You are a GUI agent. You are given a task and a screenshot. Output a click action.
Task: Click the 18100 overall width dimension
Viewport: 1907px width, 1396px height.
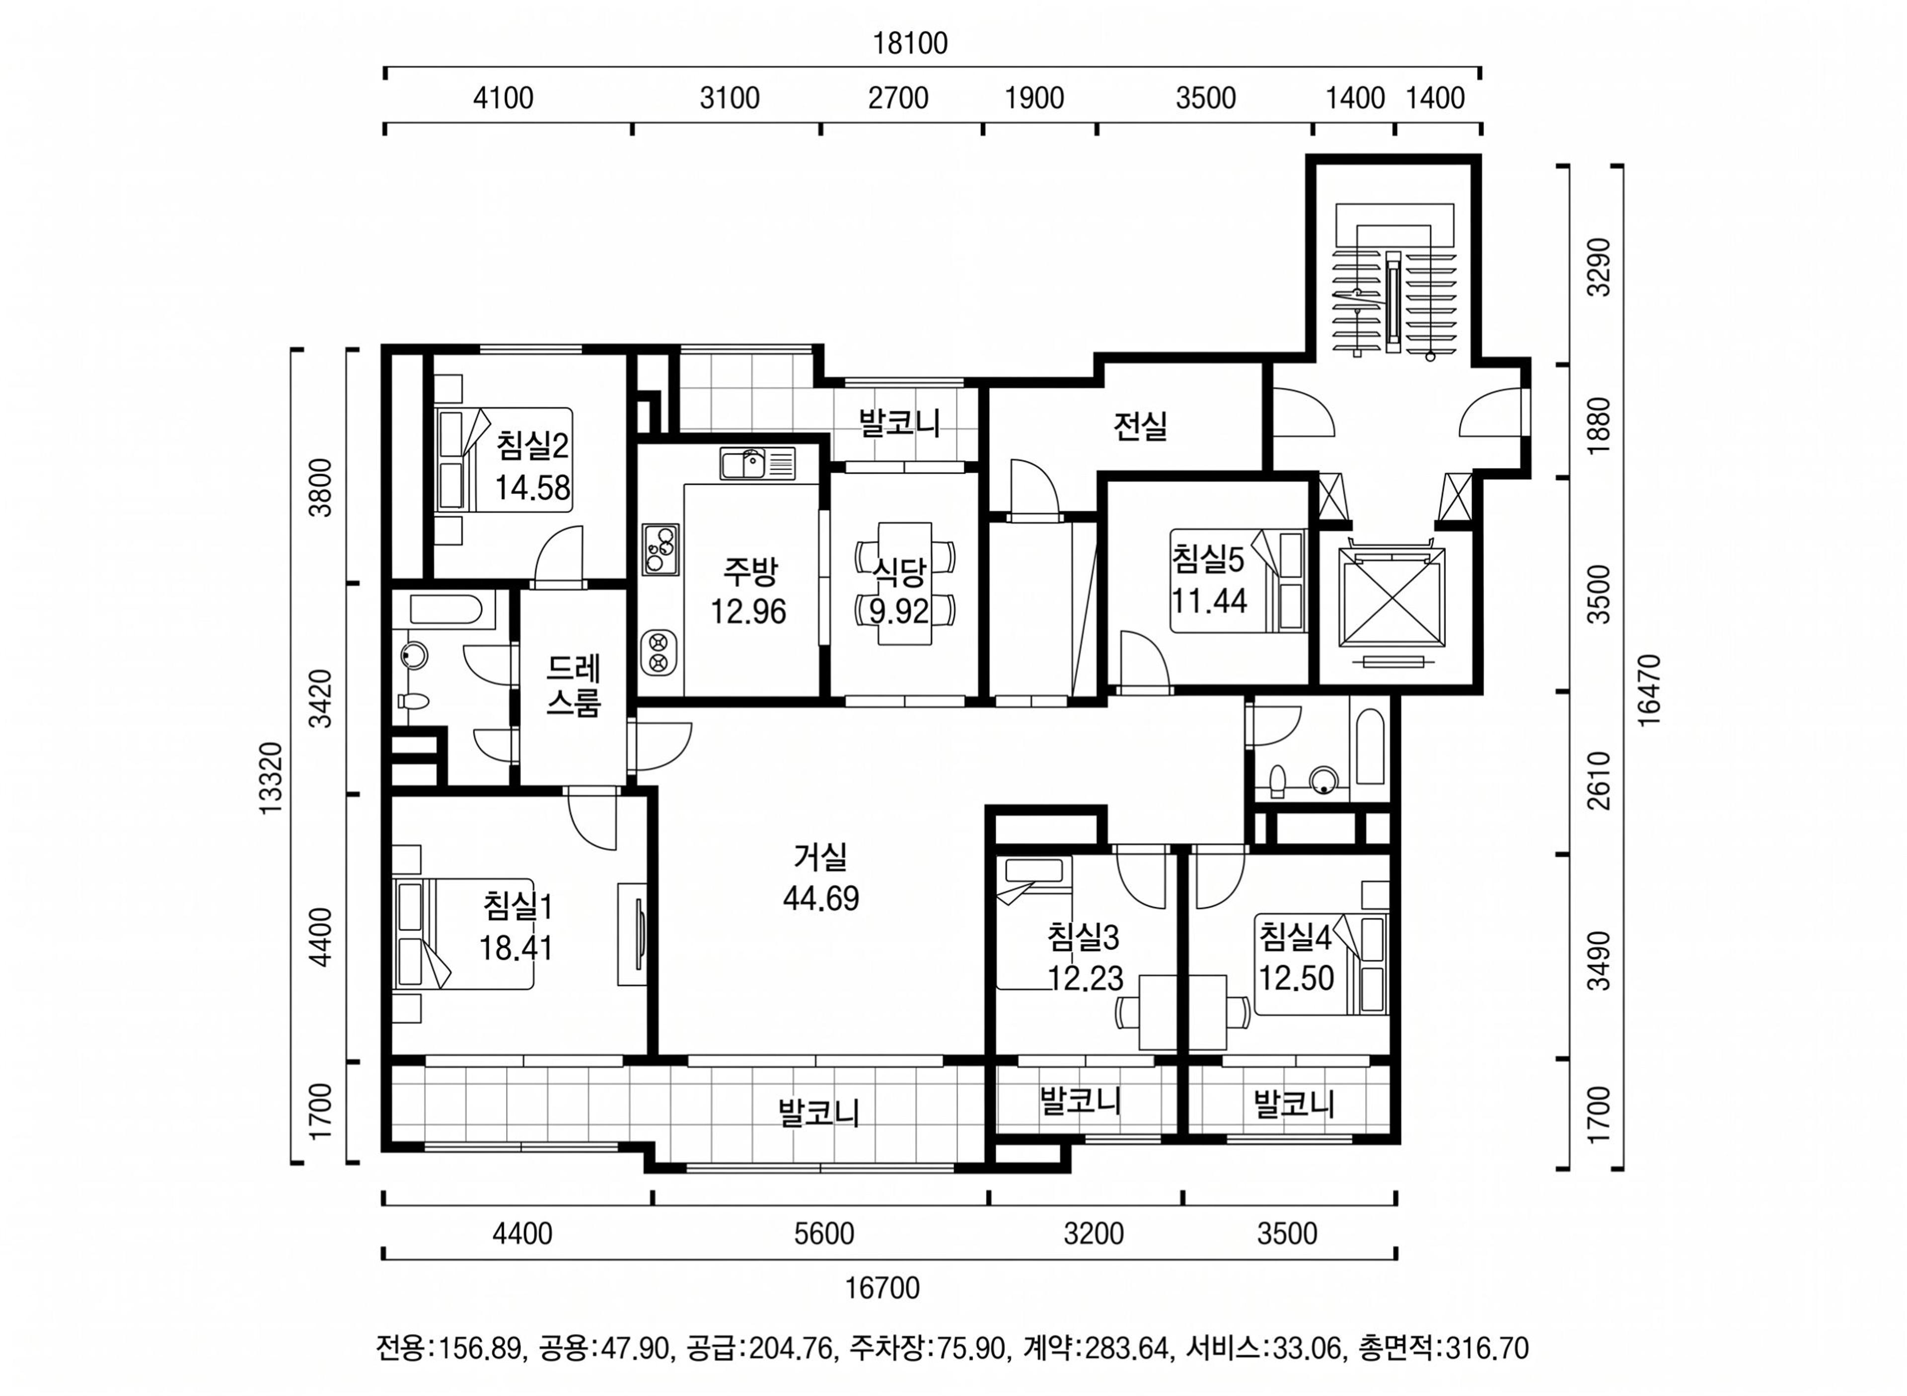(x=910, y=43)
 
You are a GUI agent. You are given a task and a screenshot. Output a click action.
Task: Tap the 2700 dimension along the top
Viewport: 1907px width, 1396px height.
(x=898, y=98)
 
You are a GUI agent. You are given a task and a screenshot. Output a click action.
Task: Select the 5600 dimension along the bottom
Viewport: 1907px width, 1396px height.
(x=824, y=1234)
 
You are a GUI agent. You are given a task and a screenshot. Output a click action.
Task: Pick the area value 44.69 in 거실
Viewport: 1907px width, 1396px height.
(x=820, y=898)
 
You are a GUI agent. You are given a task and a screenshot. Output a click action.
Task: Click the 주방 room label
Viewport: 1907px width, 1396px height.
(x=748, y=572)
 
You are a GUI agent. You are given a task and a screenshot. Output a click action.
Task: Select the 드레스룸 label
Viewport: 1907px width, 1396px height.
(x=573, y=685)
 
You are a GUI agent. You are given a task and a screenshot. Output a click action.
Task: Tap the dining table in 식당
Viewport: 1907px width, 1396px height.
(x=905, y=583)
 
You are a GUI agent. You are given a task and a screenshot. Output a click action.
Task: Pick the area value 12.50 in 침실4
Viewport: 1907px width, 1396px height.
(x=1296, y=978)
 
